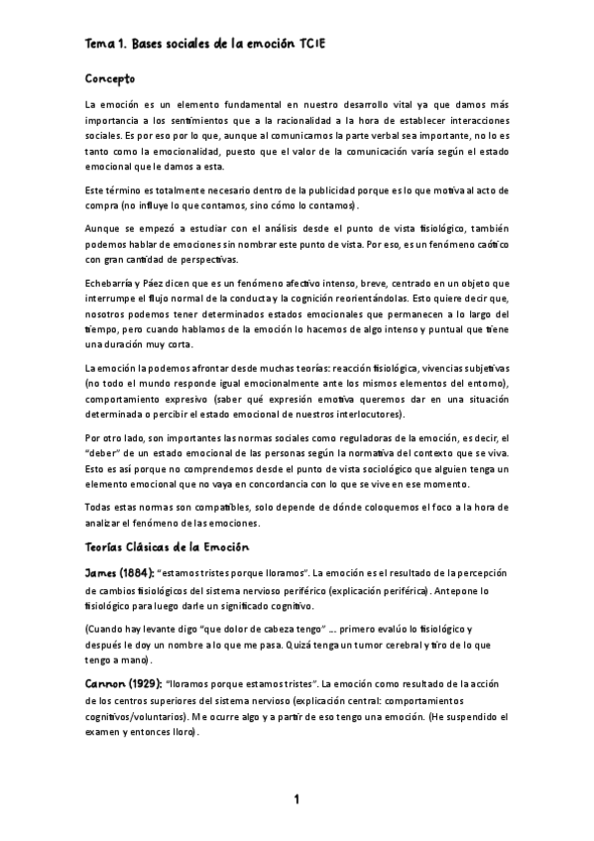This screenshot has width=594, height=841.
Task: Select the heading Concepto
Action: [x=110, y=77]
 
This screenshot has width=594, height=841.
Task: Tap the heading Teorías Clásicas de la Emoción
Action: [x=167, y=547]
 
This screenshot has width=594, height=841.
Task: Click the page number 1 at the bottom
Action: [x=297, y=799]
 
